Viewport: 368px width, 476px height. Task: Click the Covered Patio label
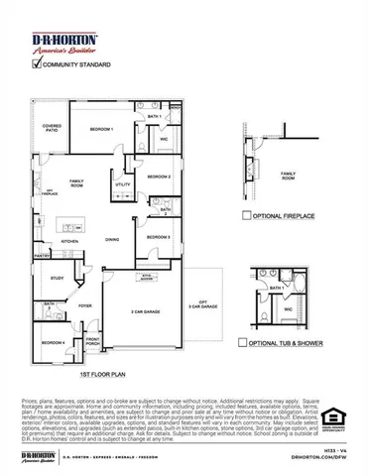[52, 129]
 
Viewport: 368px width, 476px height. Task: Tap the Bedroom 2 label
[160, 177]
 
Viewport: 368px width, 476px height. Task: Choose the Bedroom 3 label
[159, 238]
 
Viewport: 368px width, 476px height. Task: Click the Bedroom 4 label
[54, 343]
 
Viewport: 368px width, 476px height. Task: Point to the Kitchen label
[70, 241]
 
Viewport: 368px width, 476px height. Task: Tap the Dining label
[113, 239]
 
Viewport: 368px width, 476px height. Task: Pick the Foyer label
[85, 306]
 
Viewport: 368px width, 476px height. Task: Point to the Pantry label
[43, 256]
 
